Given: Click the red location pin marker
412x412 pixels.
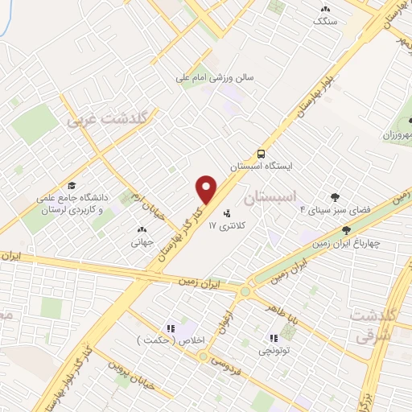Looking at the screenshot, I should (x=207, y=188).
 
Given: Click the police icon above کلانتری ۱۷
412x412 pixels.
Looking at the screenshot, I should (x=227, y=214).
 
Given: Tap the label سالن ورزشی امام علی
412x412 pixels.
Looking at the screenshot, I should (x=216, y=79).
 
